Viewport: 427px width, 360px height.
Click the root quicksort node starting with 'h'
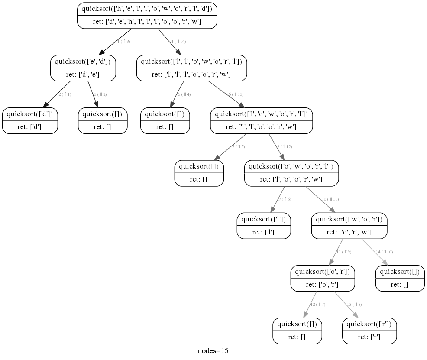147,15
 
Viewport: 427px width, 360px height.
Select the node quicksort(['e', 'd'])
83,68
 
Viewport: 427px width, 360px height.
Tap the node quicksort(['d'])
30,120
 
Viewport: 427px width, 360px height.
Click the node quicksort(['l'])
264,226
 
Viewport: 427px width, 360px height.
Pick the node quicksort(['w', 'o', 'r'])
349,226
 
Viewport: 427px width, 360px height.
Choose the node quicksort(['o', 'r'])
323,278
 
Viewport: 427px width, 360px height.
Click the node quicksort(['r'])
369,331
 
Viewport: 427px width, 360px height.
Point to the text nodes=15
213,351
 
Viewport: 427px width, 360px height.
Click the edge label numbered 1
124,42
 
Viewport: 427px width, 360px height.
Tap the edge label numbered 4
178,42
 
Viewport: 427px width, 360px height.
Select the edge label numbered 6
236,94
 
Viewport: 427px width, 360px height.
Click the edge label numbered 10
330,199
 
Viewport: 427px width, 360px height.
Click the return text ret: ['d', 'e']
83,75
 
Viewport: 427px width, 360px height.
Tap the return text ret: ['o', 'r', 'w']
349,232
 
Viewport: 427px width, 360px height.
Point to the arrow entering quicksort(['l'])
278,199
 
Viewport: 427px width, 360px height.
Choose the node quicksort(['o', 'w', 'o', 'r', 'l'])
292,173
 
